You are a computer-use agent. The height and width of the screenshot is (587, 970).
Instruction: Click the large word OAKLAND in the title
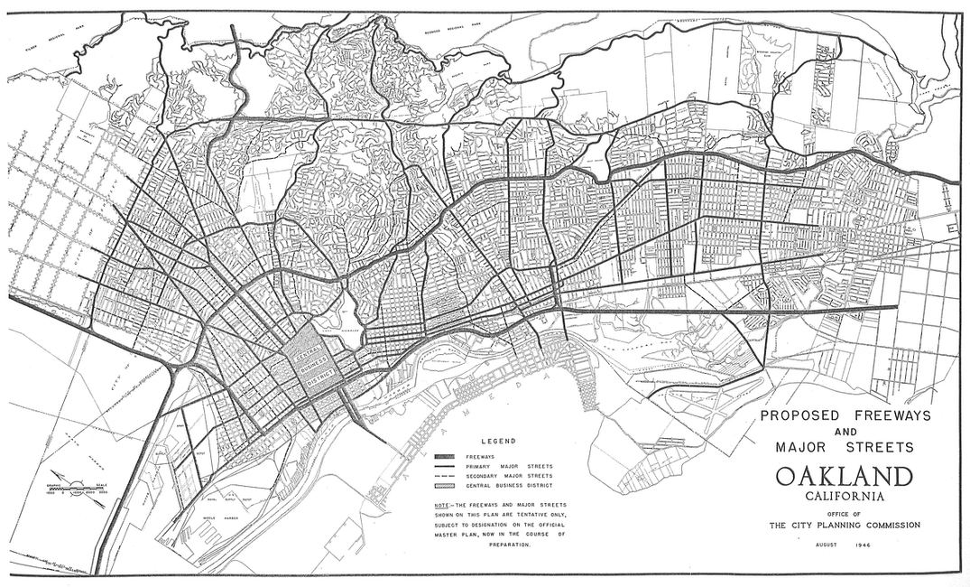click(844, 477)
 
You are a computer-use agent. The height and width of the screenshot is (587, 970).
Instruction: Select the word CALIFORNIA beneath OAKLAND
click(844, 495)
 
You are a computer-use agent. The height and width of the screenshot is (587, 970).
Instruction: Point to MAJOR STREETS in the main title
click(844, 447)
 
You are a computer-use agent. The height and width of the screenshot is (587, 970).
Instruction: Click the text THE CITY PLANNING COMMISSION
click(844, 525)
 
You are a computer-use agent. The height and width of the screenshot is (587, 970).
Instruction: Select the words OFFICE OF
click(844, 513)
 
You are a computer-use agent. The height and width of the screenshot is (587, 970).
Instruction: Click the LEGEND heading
click(497, 442)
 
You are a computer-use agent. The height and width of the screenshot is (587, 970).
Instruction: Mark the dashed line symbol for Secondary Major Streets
click(447, 475)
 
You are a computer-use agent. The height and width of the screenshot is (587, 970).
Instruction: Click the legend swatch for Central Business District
click(447, 485)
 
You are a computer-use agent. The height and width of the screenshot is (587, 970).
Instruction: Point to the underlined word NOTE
click(442, 504)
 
